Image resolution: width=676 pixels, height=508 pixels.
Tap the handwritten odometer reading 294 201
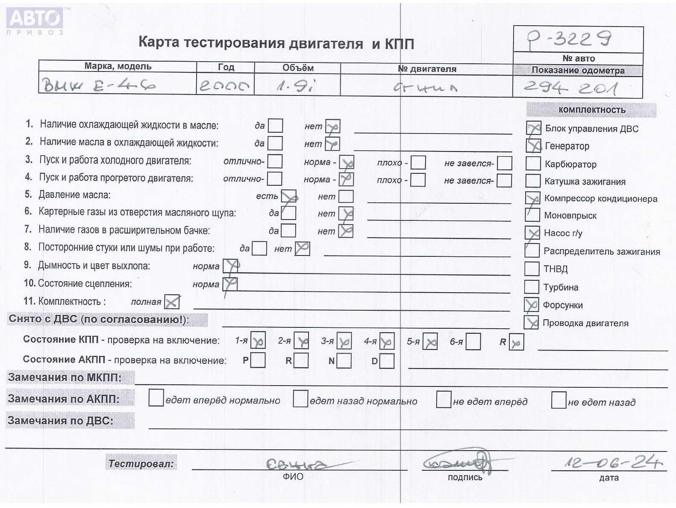point(570,88)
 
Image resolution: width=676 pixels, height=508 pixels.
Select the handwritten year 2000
point(224,86)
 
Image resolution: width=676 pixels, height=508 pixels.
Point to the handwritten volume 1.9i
point(296,86)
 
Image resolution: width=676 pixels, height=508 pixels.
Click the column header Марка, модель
point(118,66)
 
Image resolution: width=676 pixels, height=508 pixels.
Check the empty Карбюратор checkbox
point(533,163)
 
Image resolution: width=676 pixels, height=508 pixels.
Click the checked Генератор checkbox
point(534,146)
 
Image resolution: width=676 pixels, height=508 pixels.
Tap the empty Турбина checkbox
point(532,286)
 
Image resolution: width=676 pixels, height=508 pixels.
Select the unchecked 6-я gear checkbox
point(473,342)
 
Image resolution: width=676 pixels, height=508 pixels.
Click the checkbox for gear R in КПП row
point(516,342)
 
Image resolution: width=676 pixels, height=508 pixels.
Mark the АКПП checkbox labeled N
point(344,360)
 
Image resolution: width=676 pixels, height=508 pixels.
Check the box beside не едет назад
point(558,400)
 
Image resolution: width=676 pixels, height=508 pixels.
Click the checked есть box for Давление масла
point(288,196)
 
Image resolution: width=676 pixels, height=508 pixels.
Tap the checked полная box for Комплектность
point(172,302)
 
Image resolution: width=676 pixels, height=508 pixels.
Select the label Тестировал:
point(141,463)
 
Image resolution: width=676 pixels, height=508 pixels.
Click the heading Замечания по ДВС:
point(61,421)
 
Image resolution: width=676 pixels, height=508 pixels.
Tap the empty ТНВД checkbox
point(532,268)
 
